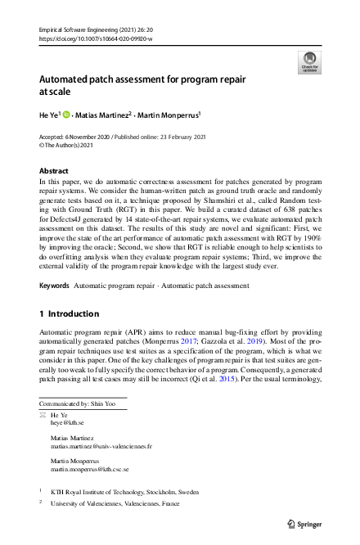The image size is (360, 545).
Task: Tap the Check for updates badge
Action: click(309, 62)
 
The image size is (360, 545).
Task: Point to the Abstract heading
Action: click(54, 170)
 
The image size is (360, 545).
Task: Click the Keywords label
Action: click(54, 263)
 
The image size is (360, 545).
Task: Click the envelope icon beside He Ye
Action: click(43, 416)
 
